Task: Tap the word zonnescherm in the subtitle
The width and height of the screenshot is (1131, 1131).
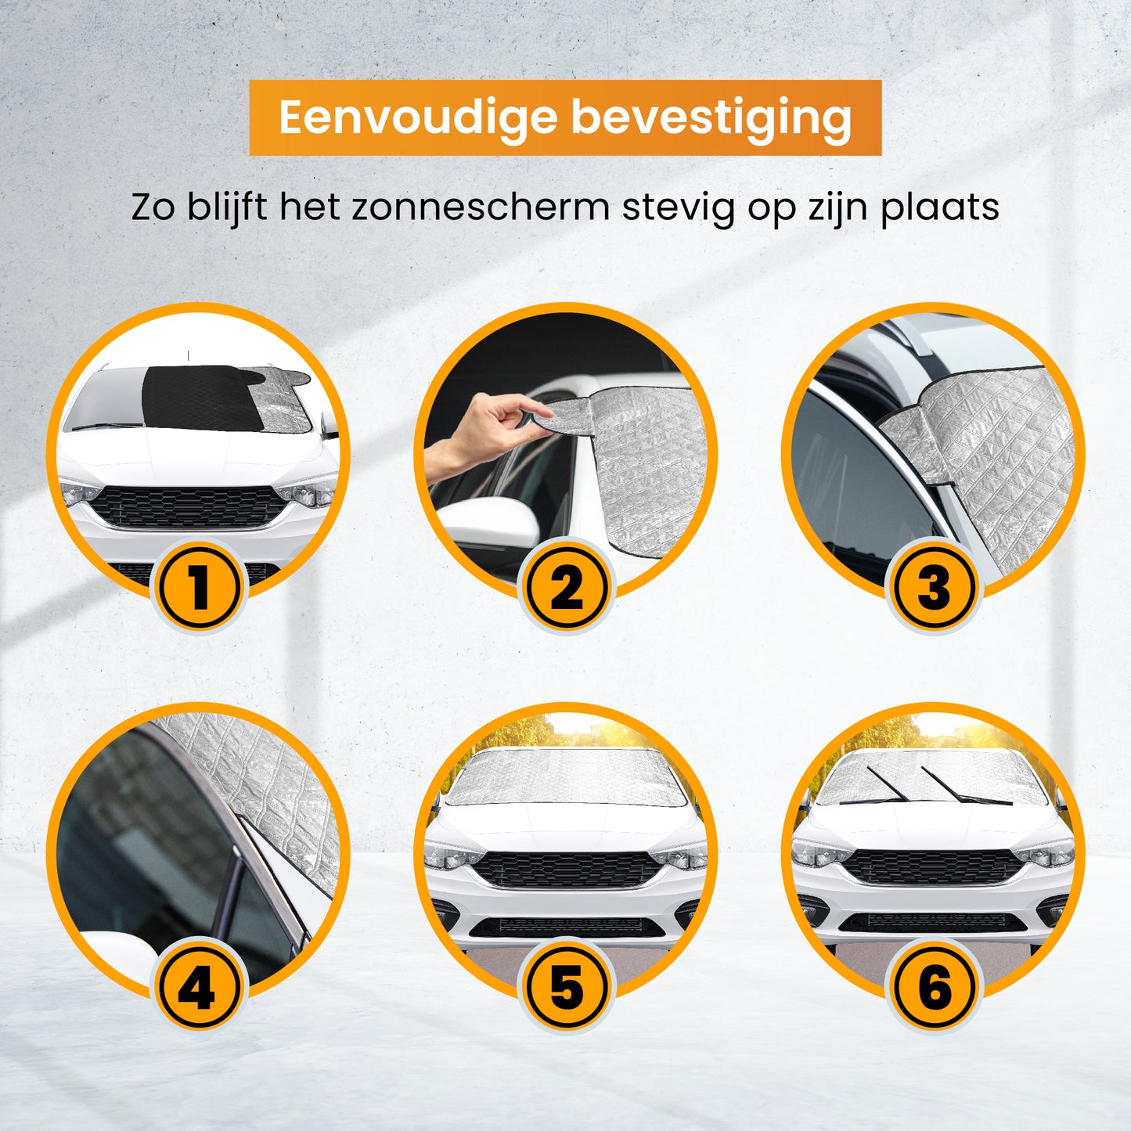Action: [480, 207]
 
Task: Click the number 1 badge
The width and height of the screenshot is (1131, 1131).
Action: [198, 588]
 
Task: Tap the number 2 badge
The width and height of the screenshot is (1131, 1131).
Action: [566, 588]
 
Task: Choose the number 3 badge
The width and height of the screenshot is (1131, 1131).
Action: [934, 588]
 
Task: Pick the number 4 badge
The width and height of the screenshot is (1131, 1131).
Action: [198, 988]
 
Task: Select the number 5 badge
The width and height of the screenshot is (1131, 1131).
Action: [566, 988]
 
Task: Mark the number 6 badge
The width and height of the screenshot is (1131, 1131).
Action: [934, 988]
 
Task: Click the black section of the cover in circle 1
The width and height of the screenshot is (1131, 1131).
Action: [204, 398]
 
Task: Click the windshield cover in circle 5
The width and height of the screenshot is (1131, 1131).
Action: [565, 777]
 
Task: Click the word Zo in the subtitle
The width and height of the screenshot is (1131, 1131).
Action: [152, 208]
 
